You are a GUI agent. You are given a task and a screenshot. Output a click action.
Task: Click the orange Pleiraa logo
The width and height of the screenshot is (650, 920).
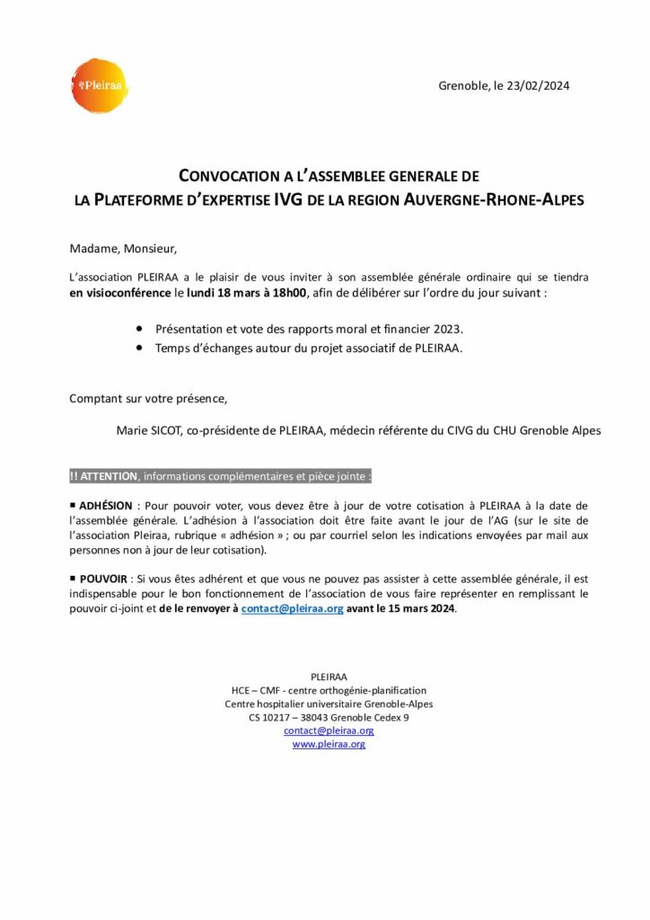99,85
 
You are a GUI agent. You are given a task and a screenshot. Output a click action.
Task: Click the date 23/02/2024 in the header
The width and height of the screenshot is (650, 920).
540,86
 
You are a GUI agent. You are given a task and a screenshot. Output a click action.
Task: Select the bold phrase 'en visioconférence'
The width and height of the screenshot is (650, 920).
120,293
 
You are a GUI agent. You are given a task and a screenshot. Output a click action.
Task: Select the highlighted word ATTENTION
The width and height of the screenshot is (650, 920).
109,476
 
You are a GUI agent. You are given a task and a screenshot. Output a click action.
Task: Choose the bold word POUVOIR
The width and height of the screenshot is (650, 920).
103,579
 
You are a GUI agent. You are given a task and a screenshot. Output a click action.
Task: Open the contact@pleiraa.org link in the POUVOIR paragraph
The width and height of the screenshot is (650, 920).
292,609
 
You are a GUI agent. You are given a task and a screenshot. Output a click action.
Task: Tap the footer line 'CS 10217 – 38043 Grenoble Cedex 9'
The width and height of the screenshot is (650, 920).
329,718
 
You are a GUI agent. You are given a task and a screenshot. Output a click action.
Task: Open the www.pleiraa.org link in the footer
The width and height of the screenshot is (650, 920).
329,745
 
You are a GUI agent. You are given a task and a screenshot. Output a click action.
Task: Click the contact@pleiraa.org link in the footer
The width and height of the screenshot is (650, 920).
329,731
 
